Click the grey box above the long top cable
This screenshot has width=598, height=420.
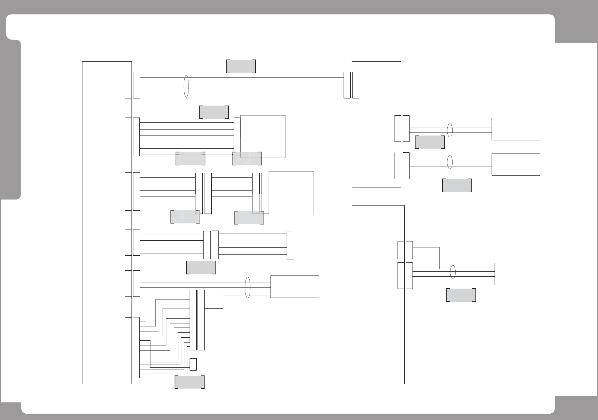coord(241,66)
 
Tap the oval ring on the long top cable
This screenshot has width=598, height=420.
coord(186,86)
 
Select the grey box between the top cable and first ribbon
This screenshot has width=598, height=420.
coord(214,112)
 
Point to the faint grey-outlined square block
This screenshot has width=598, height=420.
coord(263,136)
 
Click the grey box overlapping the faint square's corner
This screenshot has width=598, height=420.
coord(247,158)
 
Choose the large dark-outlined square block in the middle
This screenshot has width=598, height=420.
coord(291,193)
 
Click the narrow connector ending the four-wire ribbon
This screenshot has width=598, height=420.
coord(290,245)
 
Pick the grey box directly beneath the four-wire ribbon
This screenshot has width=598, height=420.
coord(201,267)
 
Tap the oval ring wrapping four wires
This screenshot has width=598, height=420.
coord(247,287)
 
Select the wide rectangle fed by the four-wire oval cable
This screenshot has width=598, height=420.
coord(295,287)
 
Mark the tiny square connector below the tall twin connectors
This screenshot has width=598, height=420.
coord(193,364)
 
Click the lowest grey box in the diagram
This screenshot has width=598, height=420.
coord(189,382)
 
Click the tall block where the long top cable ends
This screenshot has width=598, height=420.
coord(376,124)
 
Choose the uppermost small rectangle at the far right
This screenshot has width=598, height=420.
coord(516,129)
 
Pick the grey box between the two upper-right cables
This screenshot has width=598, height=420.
coord(429,142)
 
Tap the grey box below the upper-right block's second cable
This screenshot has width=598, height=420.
coord(457,185)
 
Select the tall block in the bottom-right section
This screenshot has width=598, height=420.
coord(378,294)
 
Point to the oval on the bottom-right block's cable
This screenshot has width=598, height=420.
coord(453,272)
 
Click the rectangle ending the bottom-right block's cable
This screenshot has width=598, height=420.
coord(519,274)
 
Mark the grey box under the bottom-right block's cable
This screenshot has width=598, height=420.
coord(461,295)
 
